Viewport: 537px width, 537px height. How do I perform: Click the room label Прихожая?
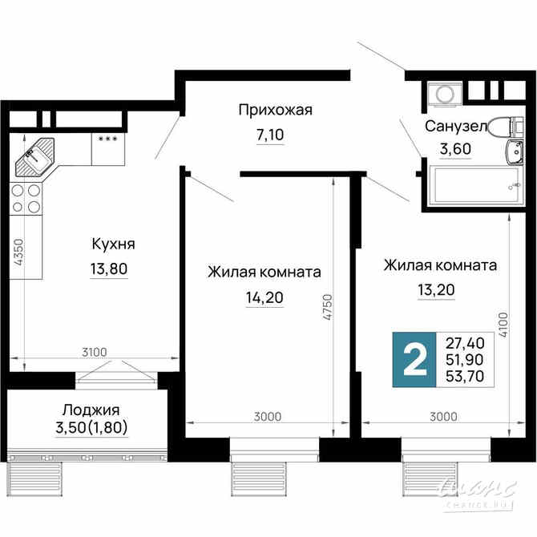tap(275, 111)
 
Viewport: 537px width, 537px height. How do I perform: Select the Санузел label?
tap(454, 127)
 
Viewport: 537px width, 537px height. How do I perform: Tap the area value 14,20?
tap(264, 298)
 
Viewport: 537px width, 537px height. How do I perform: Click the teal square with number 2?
tap(414, 360)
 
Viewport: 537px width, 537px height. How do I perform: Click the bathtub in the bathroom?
tap(466, 187)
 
